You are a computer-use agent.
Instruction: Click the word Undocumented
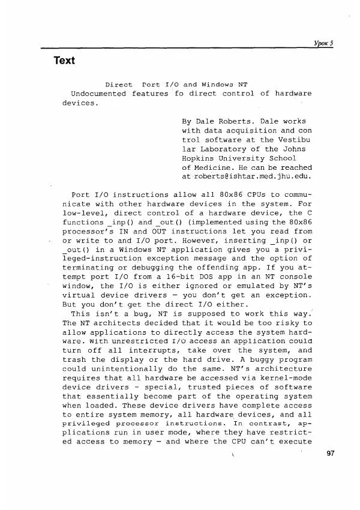pyautogui.click(x=98, y=94)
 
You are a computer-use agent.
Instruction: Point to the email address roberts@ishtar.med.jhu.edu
pyautogui.click(x=247, y=177)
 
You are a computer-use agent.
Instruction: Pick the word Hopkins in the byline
pyautogui.click(x=198, y=158)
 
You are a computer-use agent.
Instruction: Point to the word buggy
pyautogui.click(x=266, y=360)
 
